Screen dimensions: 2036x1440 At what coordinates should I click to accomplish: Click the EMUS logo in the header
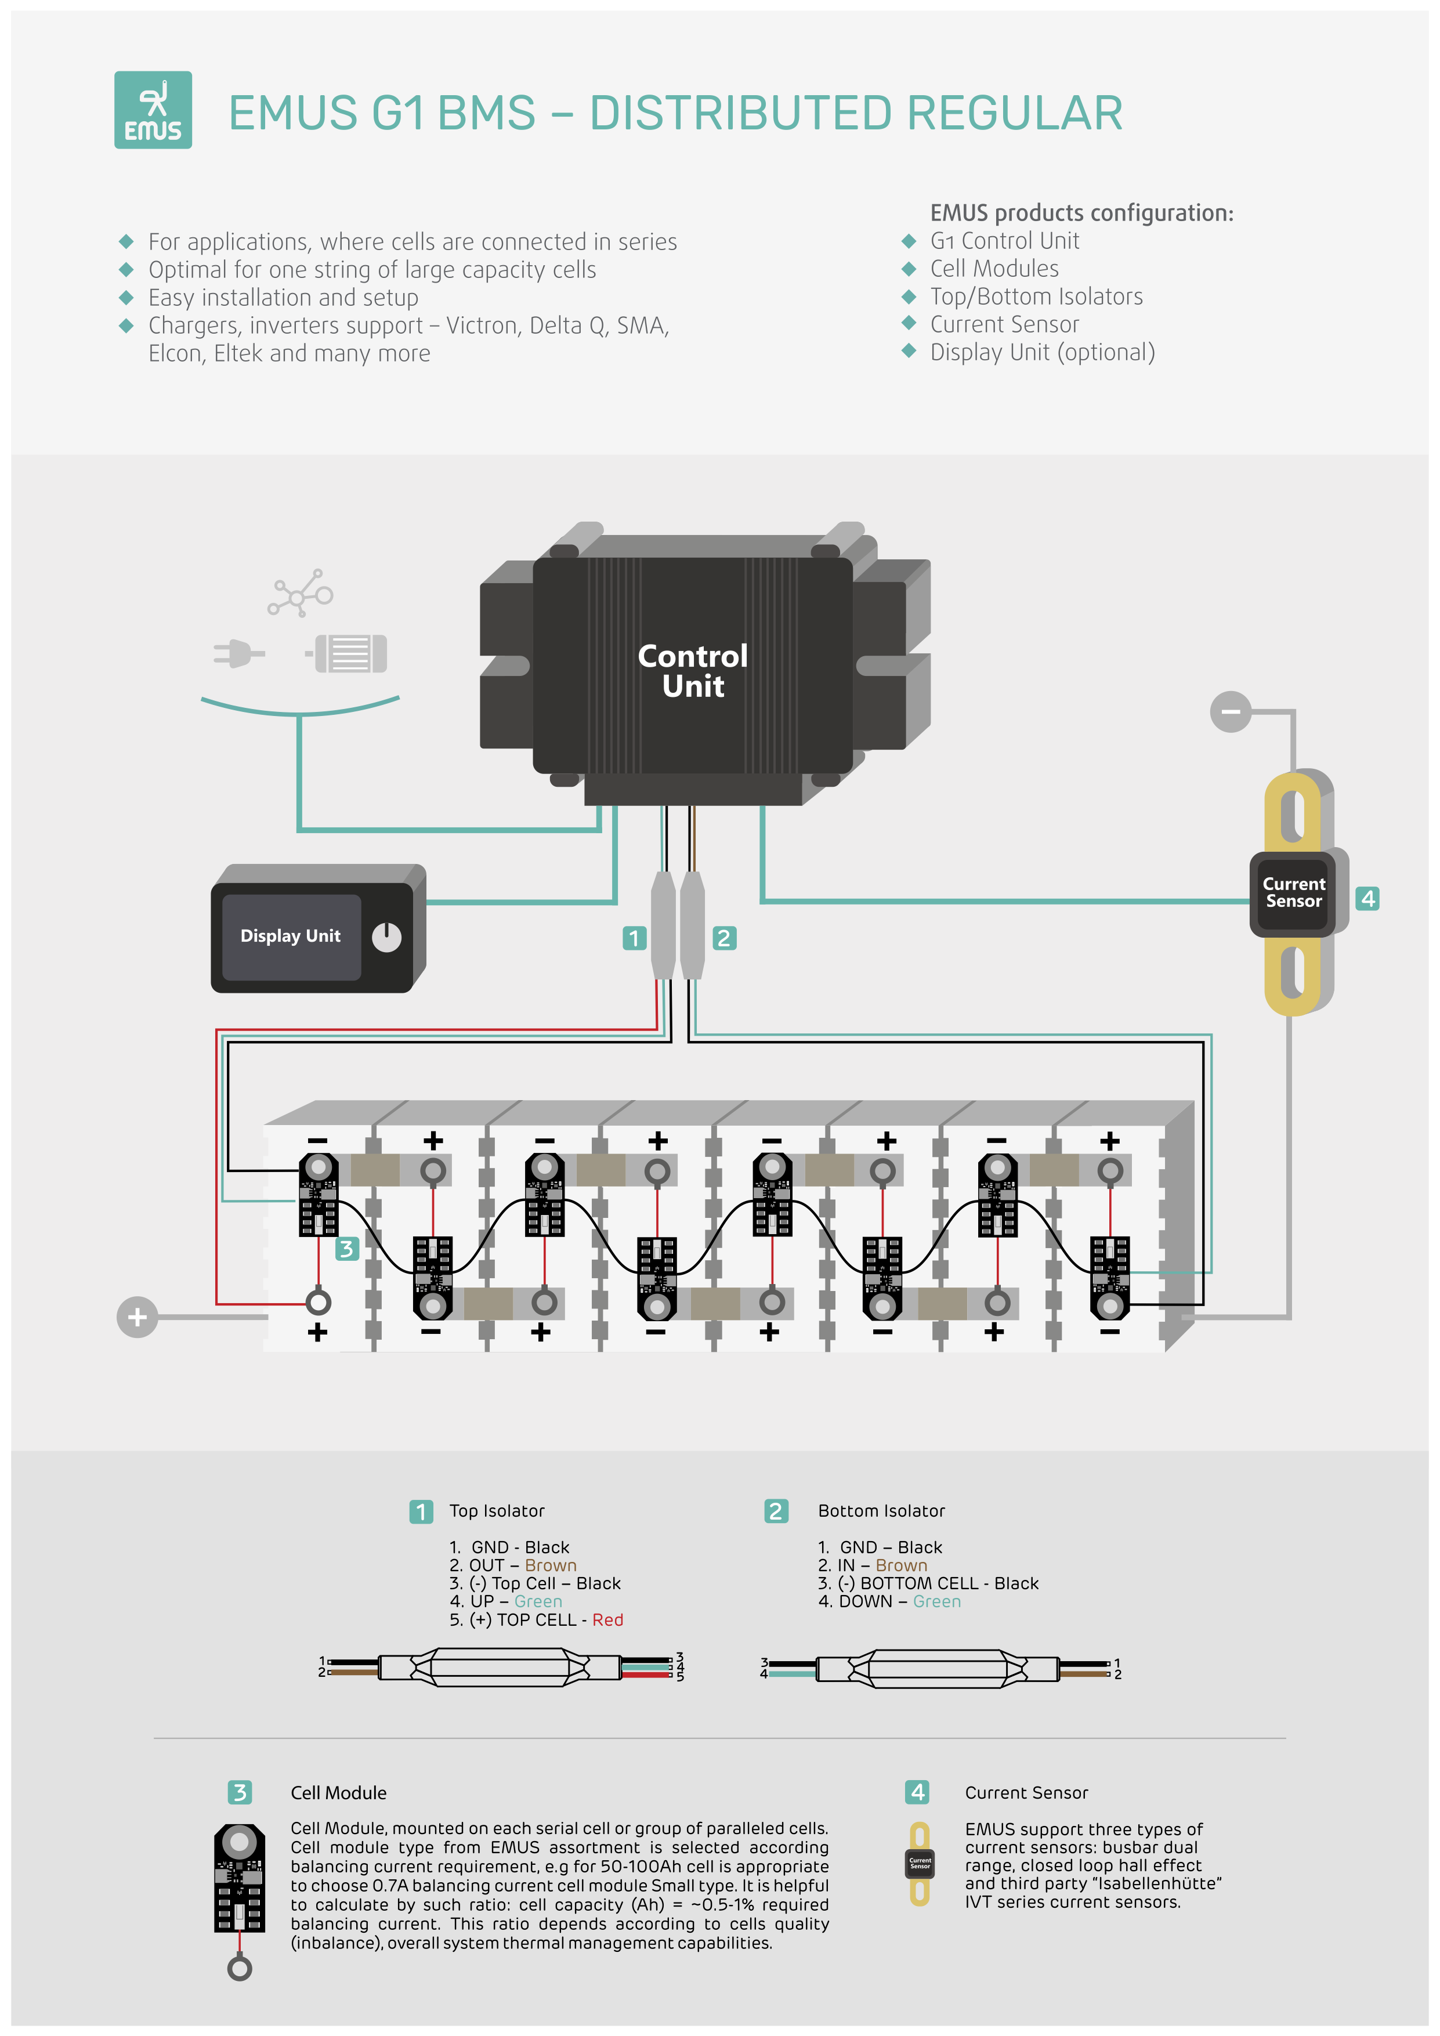153,110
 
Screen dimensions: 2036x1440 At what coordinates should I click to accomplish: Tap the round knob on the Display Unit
386,936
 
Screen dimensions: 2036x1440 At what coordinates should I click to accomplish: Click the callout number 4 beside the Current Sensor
1367,898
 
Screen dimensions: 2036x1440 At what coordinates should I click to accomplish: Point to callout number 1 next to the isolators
634,938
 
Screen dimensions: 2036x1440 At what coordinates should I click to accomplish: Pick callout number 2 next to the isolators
723,938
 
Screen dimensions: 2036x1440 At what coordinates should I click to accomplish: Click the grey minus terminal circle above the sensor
1230,711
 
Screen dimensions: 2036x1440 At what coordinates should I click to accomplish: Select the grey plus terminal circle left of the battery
138,1317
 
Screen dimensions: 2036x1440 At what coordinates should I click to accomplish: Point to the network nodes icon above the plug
300,593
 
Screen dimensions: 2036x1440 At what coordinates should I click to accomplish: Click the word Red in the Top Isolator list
607,1620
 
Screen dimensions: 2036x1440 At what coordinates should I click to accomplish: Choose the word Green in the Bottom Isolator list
936,1601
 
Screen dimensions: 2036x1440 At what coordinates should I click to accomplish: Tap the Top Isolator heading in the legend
497,1511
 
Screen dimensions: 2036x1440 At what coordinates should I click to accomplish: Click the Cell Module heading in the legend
339,1793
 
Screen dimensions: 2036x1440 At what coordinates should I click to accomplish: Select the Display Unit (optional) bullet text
1042,352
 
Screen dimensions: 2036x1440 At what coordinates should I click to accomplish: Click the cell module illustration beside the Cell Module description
240,1889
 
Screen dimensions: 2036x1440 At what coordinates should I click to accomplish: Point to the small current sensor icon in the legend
920,1864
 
